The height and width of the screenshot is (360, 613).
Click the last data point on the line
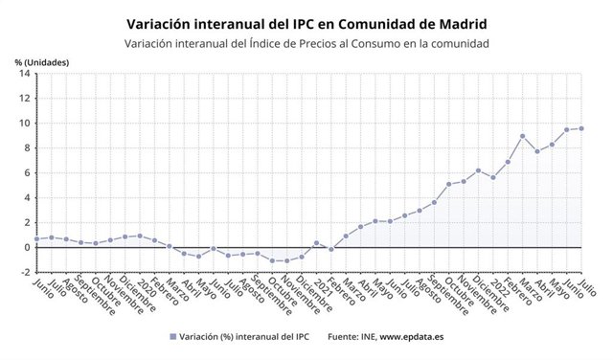click(581, 128)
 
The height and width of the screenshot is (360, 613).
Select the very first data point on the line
click(36, 238)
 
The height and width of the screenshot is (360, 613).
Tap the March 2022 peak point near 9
click(522, 136)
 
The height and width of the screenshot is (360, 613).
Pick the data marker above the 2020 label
click(140, 236)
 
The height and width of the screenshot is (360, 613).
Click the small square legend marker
click(172, 336)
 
